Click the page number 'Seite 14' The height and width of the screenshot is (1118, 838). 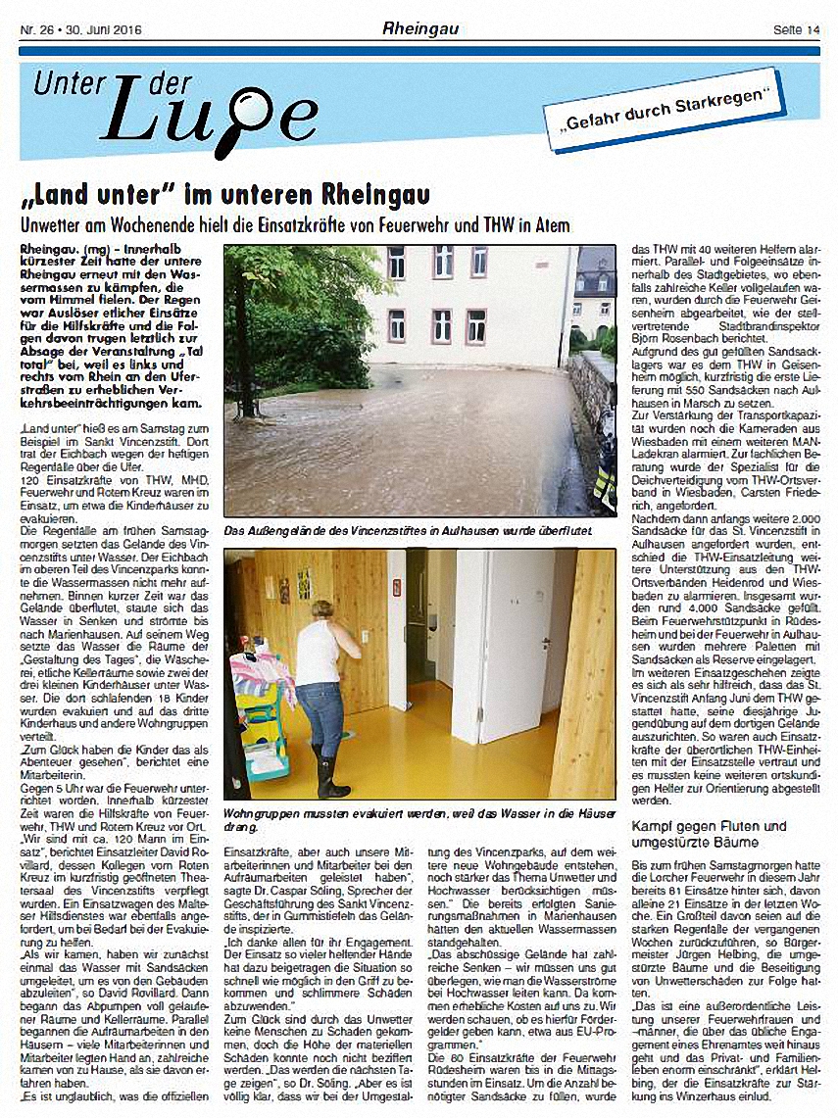pyautogui.click(x=796, y=29)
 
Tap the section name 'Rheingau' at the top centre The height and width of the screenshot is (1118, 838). pyautogui.click(x=420, y=29)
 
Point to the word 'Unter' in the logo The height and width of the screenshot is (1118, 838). pyautogui.click(x=69, y=85)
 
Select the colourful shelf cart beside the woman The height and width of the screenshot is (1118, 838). pyautogui.click(x=257, y=715)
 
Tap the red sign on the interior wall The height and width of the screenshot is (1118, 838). pyautogui.click(x=397, y=586)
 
